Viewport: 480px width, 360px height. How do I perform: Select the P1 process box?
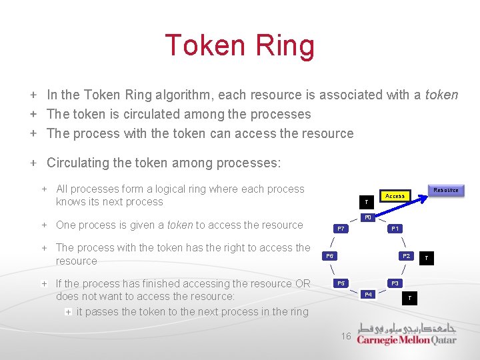(395, 229)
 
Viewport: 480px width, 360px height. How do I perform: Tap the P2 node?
(405, 256)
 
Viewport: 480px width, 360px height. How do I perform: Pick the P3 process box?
(395, 283)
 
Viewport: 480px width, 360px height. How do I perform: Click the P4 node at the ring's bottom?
(368, 294)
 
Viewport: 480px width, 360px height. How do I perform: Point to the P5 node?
(341, 283)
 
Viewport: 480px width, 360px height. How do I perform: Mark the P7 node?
(341, 229)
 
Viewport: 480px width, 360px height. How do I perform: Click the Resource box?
(445, 190)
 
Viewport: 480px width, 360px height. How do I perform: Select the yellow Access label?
(395, 196)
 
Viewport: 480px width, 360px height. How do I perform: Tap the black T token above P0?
(365, 201)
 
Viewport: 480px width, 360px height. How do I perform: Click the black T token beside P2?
(427, 257)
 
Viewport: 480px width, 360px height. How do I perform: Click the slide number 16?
(345, 337)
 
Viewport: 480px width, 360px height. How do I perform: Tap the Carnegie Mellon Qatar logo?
(407, 334)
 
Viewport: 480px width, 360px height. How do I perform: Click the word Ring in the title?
(280, 46)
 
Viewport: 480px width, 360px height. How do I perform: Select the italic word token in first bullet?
(441, 95)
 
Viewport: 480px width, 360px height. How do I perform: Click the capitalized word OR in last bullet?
(302, 283)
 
